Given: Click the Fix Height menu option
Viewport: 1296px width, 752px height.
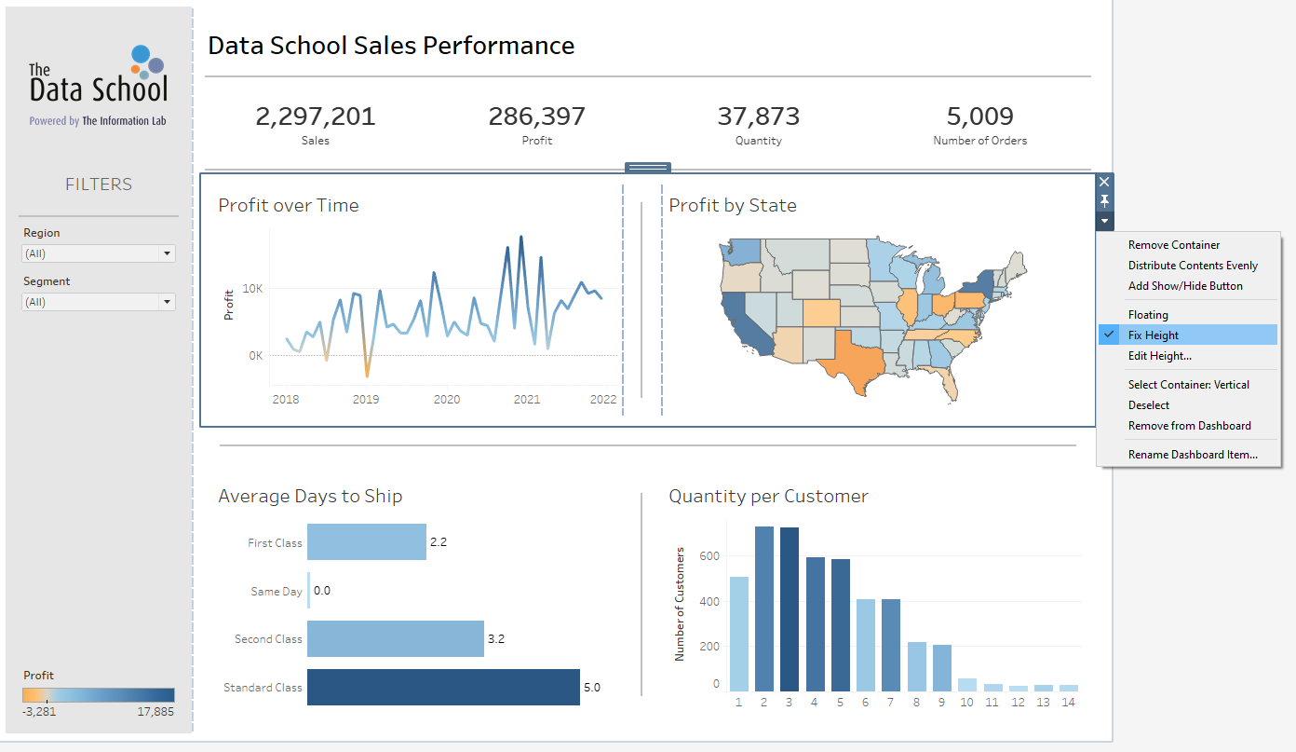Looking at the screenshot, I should [1154, 335].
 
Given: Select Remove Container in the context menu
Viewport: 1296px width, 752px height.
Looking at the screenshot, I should [1173, 245].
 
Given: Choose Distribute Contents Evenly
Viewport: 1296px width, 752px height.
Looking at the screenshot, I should [1193, 266].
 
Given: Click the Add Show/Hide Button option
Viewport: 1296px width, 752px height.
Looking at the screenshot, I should [1185, 286].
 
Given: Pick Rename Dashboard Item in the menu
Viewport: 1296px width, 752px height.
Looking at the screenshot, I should [1193, 455].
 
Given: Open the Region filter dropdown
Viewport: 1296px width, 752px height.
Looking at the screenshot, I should [98, 253].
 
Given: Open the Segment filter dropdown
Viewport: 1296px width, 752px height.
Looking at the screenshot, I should [98, 302].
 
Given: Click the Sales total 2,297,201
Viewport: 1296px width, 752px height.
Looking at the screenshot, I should [315, 116].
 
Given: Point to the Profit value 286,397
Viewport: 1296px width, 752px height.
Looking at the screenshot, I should [536, 116].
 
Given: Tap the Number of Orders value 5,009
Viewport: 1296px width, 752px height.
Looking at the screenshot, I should [979, 116].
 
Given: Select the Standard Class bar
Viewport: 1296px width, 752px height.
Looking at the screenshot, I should [443, 687].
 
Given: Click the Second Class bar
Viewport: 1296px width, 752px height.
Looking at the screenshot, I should [395, 639].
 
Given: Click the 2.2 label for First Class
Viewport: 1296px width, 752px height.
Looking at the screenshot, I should [439, 542].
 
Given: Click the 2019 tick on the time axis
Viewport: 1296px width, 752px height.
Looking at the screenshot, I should [366, 400].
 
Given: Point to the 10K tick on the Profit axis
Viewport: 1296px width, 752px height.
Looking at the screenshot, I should [252, 289].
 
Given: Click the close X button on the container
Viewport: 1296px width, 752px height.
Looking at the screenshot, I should [1104, 182].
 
